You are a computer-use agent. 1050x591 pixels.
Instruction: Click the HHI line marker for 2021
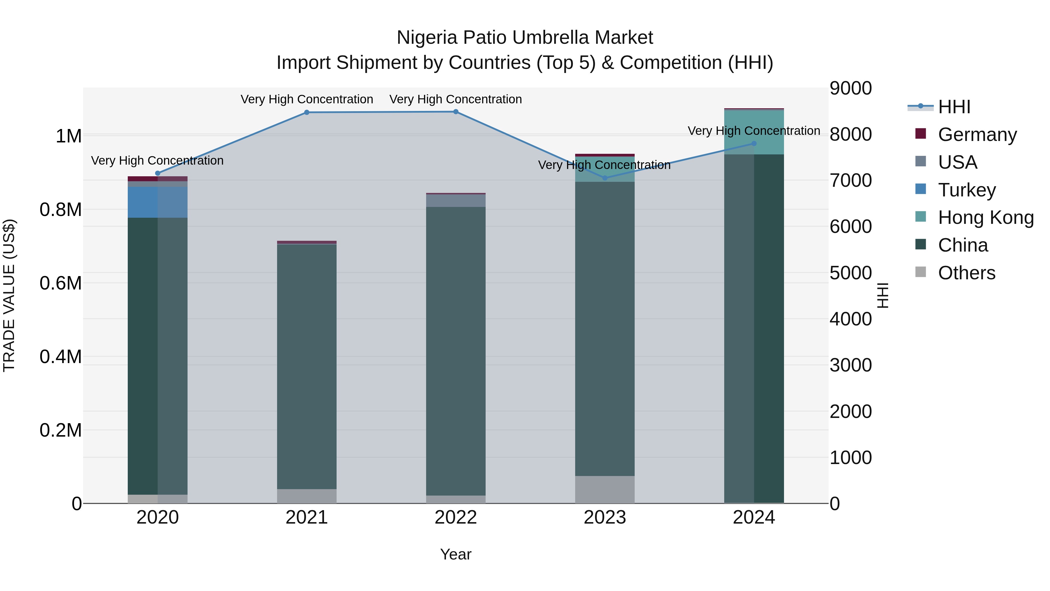[x=307, y=113]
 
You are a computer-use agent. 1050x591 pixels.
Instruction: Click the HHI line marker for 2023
[x=605, y=178]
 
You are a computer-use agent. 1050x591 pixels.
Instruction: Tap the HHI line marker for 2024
[x=754, y=144]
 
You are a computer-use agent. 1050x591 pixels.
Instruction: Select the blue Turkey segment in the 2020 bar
[x=158, y=202]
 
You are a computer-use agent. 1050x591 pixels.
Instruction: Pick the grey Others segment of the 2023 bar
[x=605, y=489]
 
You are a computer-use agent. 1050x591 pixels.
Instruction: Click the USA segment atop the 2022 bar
[x=456, y=201]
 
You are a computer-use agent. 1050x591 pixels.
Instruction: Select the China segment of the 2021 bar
[x=307, y=367]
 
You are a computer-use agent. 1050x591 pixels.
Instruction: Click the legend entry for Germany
[x=977, y=135]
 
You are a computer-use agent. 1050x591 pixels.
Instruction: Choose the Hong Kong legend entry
[x=985, y=217]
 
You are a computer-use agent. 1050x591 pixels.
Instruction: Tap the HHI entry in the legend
[x=954, y=107]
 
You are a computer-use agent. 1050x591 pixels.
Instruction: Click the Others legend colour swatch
[x=921, y=272]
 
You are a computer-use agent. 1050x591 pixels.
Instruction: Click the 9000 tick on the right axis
[x=851, y=88]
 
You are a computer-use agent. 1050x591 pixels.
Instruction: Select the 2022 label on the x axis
[x=456, y=517]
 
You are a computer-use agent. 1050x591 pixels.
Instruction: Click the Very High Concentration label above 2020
[x=157, y=161]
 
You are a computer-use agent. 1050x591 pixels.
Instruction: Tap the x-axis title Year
[x=456, y=554]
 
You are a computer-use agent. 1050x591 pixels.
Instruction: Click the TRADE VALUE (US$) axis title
[x=9, y=295]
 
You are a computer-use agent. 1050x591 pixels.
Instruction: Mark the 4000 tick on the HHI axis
[x=851, y=319]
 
